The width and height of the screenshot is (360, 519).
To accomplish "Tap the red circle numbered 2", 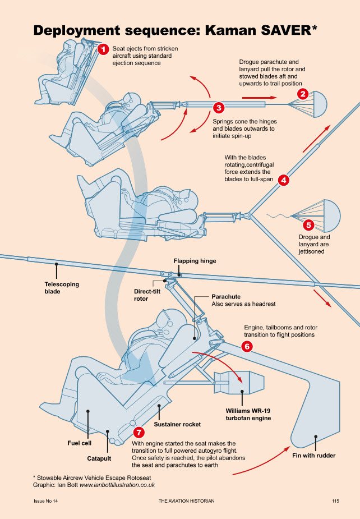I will point(302,94).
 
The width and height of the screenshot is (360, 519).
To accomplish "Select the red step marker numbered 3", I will point(219,107).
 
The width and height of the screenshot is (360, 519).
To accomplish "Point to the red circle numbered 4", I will point(284,180).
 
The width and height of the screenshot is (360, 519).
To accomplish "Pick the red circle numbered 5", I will point(308,226).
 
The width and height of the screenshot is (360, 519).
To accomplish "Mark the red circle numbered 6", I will point(247,346).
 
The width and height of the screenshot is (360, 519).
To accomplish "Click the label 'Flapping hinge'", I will point(195,261).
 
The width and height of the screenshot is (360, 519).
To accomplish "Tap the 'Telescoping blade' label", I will point(62,288).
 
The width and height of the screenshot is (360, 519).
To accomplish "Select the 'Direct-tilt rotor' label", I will point(149,295).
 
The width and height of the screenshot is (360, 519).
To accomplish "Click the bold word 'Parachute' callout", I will point(226,296).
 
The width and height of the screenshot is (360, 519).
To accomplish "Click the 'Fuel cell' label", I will point(80,443).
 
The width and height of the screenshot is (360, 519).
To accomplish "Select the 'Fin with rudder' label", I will point(313,456).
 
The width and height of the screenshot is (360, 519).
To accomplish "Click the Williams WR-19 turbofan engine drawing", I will point(247,383).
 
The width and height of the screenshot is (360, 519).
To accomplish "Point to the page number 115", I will point(336,500).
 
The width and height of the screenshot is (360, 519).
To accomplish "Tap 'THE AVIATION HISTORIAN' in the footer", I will point(187,500).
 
